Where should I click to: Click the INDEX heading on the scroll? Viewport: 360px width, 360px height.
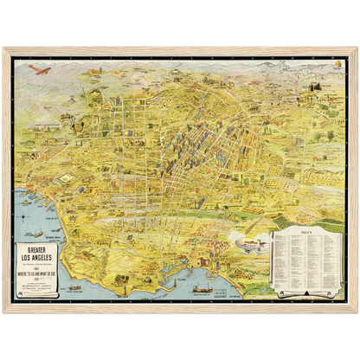303,233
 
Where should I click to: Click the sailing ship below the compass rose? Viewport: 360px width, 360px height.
36,234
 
